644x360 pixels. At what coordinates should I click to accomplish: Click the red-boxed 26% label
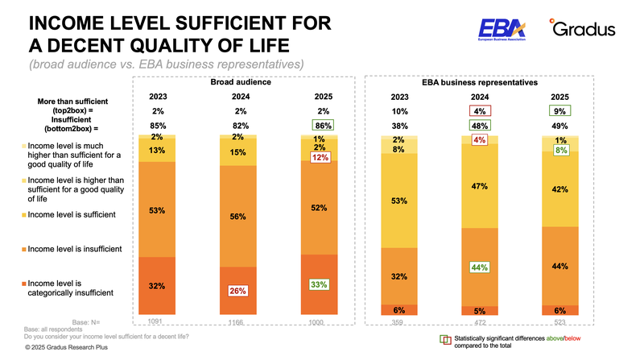tap(237, 291)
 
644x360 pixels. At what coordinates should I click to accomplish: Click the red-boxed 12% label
tap(320, 159)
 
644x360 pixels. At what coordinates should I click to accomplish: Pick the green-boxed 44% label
tap(479, 267)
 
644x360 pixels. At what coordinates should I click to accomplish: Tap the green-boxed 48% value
tap(479, 126)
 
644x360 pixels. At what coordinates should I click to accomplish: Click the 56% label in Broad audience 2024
tap(237, 217)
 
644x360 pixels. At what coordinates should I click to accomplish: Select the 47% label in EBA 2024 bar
tap(479, 187)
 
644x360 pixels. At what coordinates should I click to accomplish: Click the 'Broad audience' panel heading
tap(240, 82)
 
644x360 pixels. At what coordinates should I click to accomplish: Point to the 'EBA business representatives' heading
tap(479, 82)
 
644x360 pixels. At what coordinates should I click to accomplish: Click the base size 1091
tap(156, 320)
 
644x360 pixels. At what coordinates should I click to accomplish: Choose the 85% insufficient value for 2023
tap(158, 126)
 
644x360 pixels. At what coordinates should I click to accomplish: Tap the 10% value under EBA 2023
tap(398, 110)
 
